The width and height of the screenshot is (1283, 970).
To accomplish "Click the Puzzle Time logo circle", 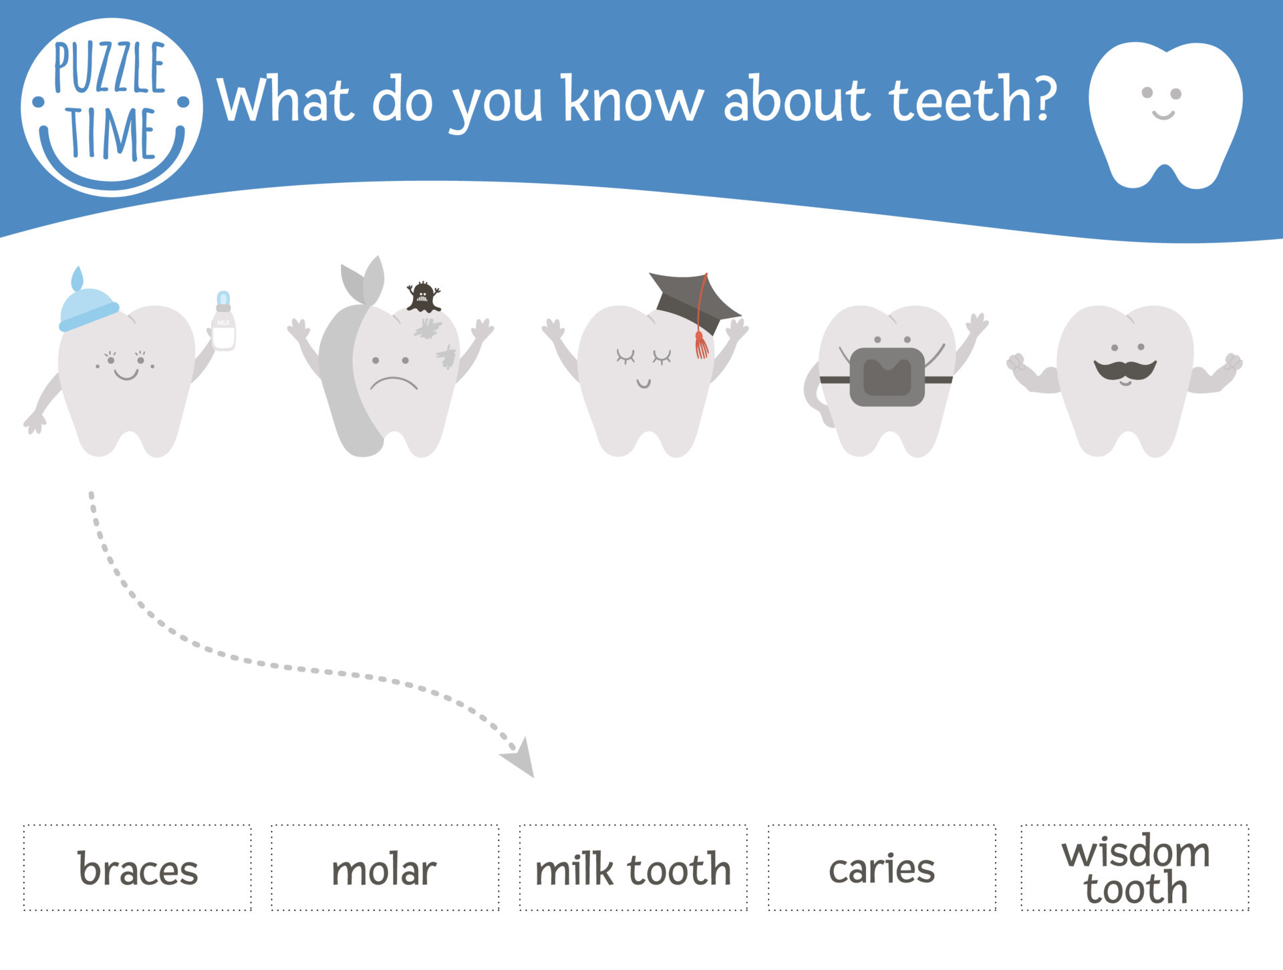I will [111, 107].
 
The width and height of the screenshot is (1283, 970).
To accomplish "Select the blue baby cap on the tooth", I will [88, 308].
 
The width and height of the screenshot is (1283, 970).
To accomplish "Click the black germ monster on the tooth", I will [423, 297].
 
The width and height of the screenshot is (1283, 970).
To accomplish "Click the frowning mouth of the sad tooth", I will [394, 383].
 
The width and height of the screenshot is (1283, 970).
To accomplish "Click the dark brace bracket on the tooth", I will [887, 377].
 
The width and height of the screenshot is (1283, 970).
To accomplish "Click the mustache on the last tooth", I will [1125, 369].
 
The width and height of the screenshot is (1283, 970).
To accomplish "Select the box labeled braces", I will [138, 868].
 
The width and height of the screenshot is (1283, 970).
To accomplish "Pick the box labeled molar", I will [385, 868].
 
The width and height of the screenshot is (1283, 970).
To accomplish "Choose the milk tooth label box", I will [633, 868].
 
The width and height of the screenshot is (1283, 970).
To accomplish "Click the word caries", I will [881, 868].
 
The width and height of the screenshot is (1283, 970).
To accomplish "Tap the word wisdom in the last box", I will [1135, 852].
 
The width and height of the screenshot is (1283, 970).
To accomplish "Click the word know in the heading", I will [631, 100].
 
